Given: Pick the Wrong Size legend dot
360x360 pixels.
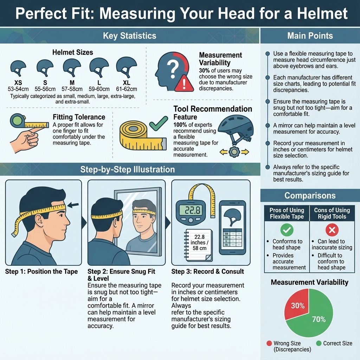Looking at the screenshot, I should coord(270,343).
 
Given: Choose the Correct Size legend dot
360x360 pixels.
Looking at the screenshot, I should coord(319,343).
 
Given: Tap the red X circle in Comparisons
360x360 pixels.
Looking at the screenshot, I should coord(332,230).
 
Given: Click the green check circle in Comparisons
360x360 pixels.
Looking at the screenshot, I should coord(287,230).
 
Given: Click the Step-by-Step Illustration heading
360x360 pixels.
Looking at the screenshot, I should coord(127,169).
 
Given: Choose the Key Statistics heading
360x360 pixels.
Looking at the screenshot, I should coord(130,36).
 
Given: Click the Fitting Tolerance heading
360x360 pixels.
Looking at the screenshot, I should coord(79,117).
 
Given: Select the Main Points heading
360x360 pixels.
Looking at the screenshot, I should coord(310,36).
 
